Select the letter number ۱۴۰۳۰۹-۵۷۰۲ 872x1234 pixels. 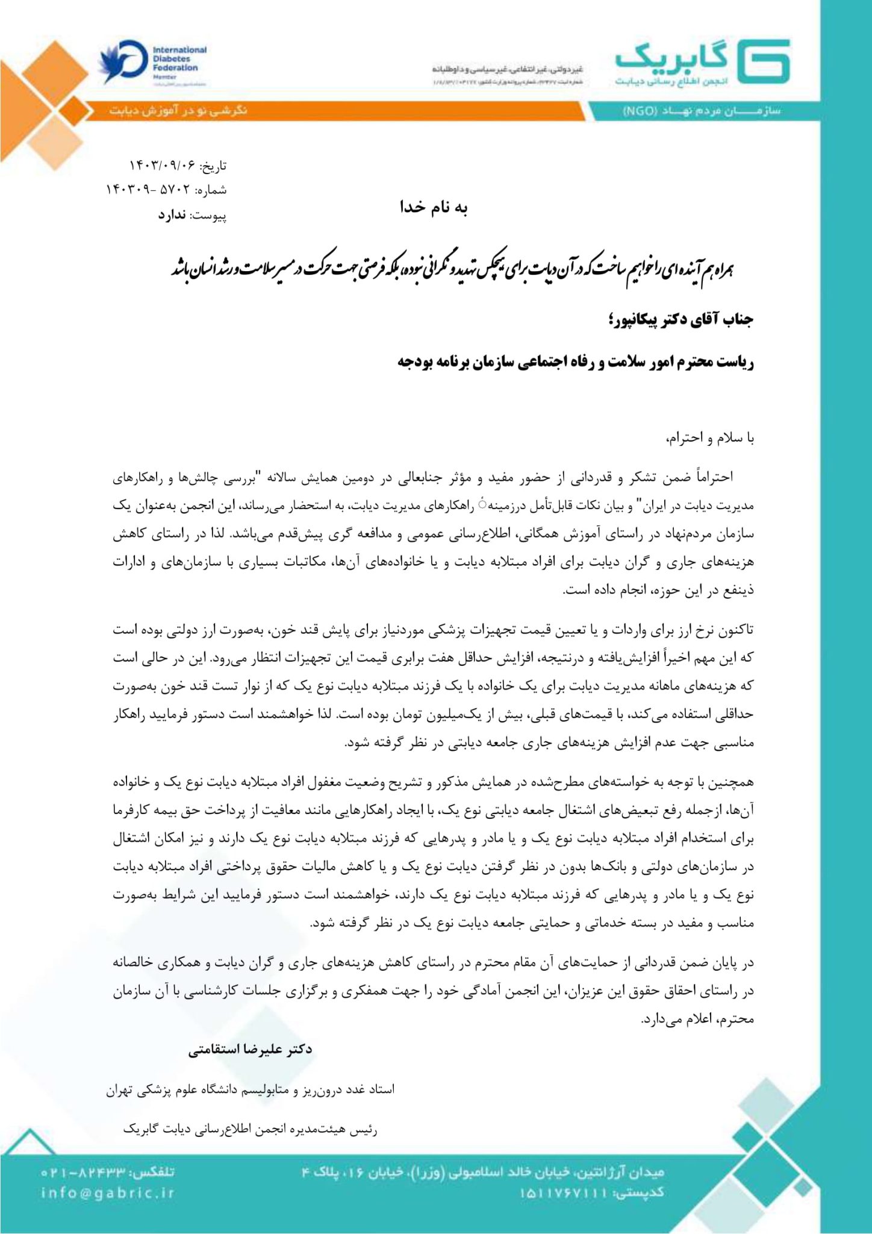148,190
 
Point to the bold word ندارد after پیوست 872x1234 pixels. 172,215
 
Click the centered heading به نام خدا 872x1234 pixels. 434,207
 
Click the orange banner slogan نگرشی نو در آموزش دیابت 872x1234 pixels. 178,111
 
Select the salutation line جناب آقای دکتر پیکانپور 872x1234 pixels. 681,319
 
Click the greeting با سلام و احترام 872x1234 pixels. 710,438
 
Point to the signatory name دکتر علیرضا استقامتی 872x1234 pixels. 250,1049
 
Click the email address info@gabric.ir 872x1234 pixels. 108,1192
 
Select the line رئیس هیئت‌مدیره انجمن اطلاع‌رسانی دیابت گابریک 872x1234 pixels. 250,1129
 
